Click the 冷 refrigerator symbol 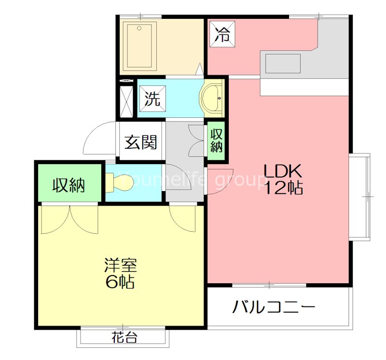click(x=222, y=34)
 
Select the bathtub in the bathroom click(x=139, y=44)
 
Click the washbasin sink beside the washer click(x=213, y=98)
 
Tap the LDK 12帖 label click(x=282, y=179)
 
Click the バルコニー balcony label click(x=275, y=306)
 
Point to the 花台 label click(x=124, y=337)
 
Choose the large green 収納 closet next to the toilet click(x=69, y=184)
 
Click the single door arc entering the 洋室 click(x=183, y=218)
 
